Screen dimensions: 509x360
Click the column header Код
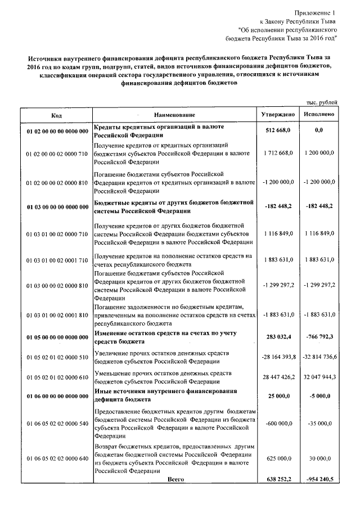tap(57, 115)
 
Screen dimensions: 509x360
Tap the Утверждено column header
tap(278, 115)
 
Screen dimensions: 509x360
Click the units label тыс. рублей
tap(322, 102)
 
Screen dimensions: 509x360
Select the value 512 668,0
tap(278, 130)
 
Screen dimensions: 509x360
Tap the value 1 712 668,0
tap(278, 153)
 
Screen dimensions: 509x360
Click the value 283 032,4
tap(278, 337)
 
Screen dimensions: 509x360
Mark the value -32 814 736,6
tap(319, 357)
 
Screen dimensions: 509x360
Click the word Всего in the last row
tap(177, 479)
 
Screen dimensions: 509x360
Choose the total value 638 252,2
tap(278, 479)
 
